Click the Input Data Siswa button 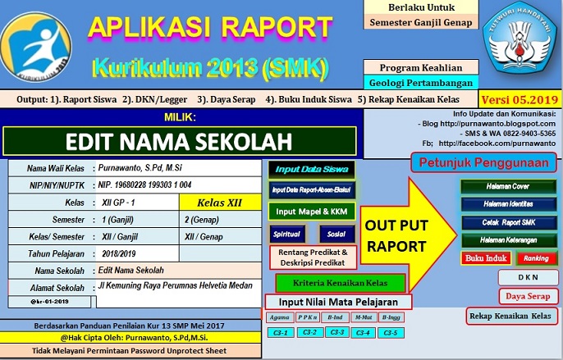(x=300, y=170)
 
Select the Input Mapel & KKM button (x=300, y=212)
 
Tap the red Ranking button (x=533, y=258)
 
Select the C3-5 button (x=392, y=333)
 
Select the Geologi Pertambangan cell (x=421, y=83)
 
